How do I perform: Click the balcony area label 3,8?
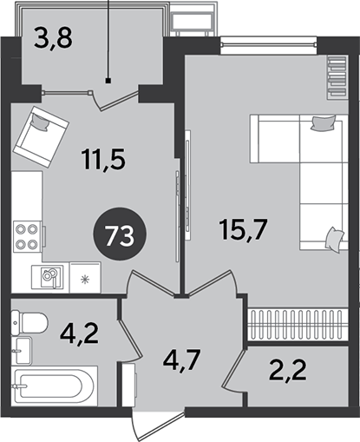click(53, 38)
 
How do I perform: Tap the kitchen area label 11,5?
click(103, 160)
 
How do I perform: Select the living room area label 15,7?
click(242, 229)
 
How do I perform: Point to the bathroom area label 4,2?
click(80, 334)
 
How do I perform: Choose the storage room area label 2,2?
click(287, 370)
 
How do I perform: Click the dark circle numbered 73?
click(120, 234)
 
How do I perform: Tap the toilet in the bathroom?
click(29, 324)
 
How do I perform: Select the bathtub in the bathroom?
click(55, 386)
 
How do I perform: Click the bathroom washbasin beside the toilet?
click(22, 350)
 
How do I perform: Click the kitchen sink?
click(48, 277)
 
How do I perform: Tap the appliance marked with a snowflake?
click(85, 278)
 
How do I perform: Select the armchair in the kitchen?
click(41, 136)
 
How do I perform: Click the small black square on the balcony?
click(108, 81)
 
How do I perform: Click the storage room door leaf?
click(233, 368)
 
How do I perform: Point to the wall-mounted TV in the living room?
click(188, 185)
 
